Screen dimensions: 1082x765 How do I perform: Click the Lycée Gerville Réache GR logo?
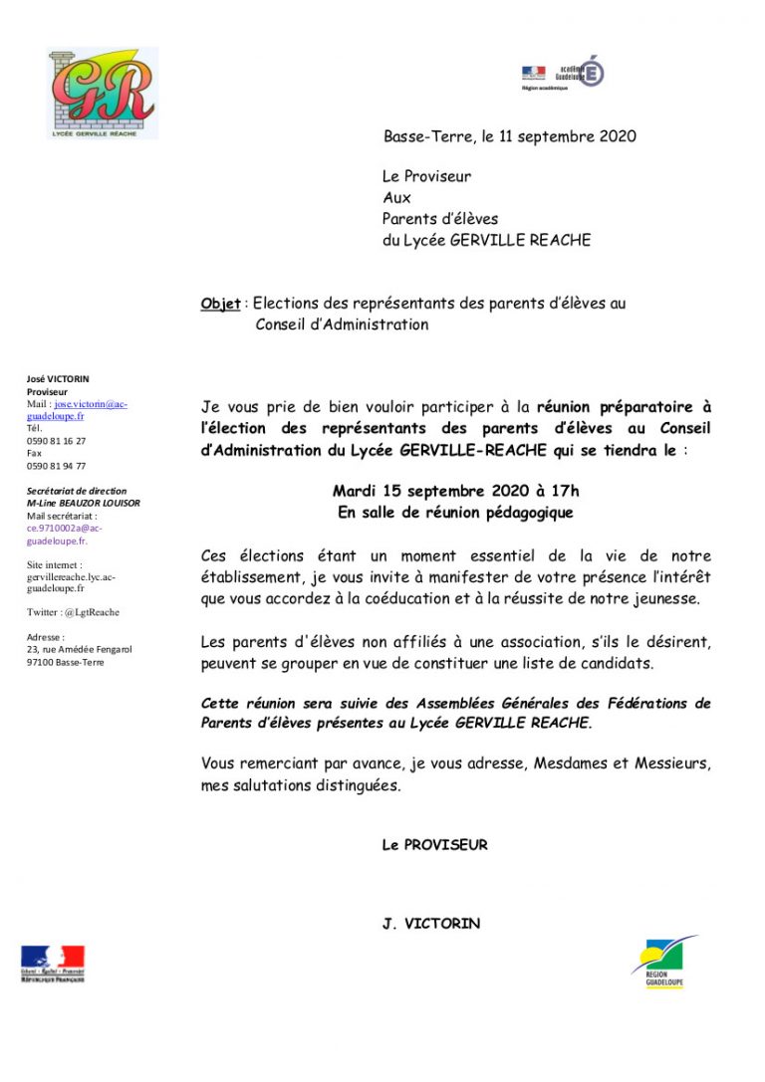pos(102,93)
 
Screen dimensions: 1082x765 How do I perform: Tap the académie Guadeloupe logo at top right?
pos(563,73)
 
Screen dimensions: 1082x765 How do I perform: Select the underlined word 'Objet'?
pos(220,304)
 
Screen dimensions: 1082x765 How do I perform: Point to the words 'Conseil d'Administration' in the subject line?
pos(342,325)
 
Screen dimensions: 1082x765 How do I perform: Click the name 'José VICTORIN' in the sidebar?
pos(58,379)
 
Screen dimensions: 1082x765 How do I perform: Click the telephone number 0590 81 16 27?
pos(56,441)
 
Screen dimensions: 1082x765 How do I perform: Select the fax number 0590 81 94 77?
pos(56,466)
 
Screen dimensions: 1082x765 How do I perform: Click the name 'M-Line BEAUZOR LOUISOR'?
pos(83,504)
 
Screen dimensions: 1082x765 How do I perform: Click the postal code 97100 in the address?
pos(41,661)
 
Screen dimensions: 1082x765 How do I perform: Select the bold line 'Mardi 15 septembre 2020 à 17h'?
pos(455,491)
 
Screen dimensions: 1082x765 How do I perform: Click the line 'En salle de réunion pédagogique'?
pos(455,513)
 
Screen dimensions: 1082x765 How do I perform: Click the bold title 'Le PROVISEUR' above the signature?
pos(434,845)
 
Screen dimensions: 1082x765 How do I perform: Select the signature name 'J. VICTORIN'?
pos(430,924)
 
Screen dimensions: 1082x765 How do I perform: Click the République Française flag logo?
pos(53,964)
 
